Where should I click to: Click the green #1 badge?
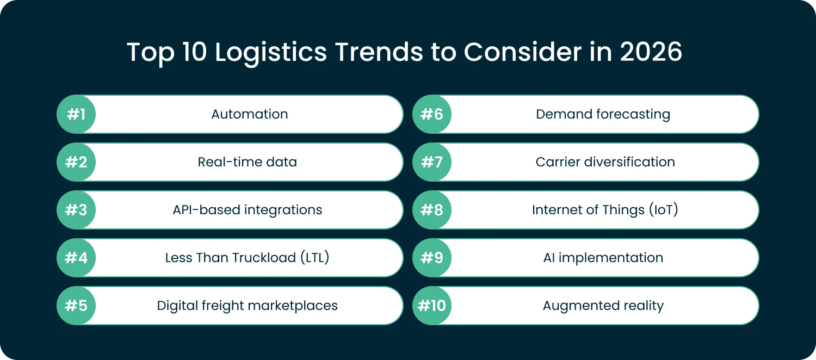pyautogui.click(x=76, y=114)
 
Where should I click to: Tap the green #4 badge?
pyautogui.click(x=76, y=258)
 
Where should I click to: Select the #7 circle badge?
pyautogui.click(x=432, y=162)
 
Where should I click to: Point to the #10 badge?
pyautogui.click(x=432, y=306)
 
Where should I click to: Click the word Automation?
pyautogui.click(x=250, y=114)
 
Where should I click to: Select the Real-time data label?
pyautogui.click(x=248, y=162)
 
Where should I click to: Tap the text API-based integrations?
pyautogui.click(x=248, y=210)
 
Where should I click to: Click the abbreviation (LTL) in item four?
pyautogui.click(x=314, y=258)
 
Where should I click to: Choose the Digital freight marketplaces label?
pyautogui.click(x=248, y=306)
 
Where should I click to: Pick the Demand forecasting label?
pyautogui.click(x=603, y=114)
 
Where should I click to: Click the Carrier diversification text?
pyautogui.click(x=605, y=162)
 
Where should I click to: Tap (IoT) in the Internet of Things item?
pyautogui.click(x=663, y=210)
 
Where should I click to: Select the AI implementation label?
pyautogui.click(x=603, y=258)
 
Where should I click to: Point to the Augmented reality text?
pyautogui.click(x=603, y=306)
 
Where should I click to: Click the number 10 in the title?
pyautogui.click(x=193, y=53)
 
